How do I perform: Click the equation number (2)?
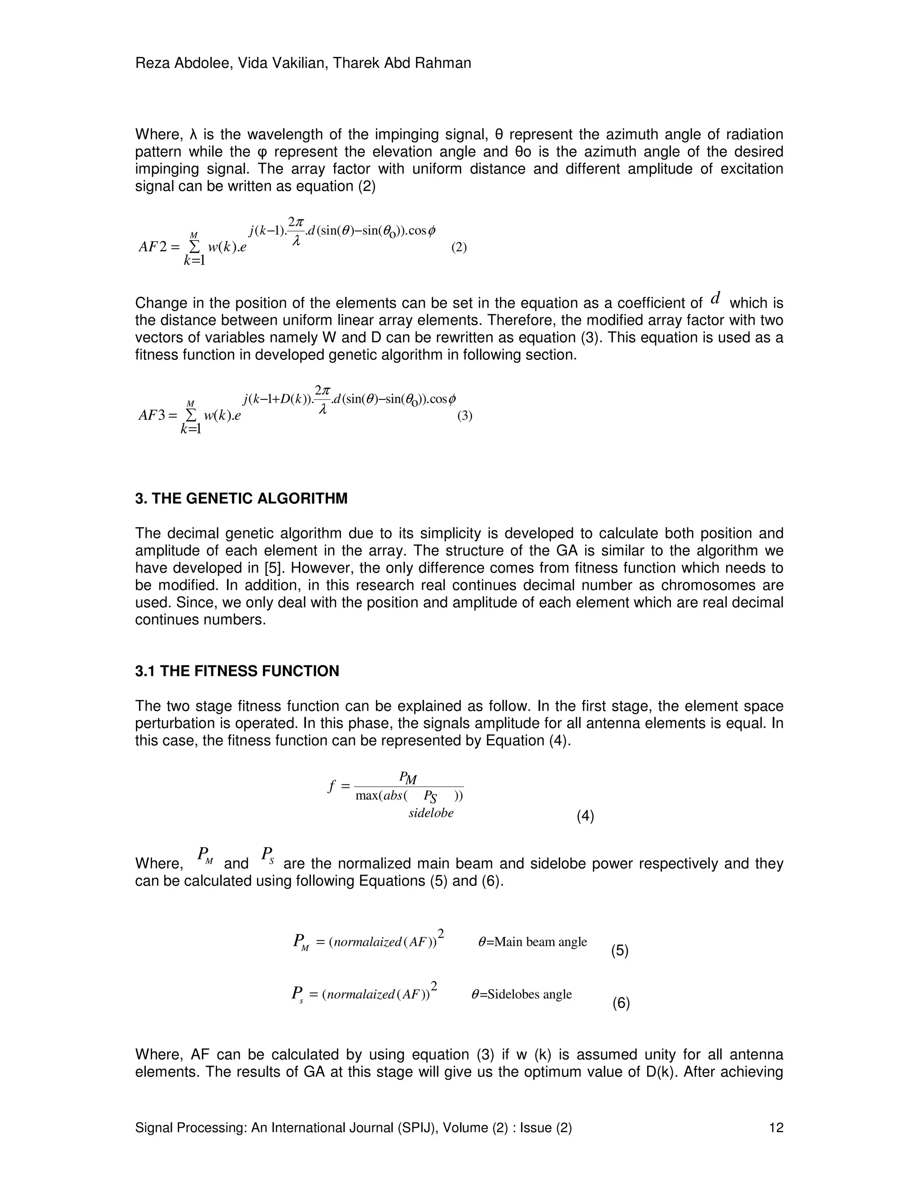[459, 248]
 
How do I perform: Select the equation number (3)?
[464, 416]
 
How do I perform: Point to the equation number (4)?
[585, 816]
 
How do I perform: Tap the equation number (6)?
[621, 1003]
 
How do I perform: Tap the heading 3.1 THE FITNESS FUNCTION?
[237, 671]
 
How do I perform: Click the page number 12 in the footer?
[776, 1128]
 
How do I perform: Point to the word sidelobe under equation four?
[431, 813]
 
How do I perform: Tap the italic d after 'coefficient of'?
[716, 298]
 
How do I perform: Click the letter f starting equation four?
[331, 786]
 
